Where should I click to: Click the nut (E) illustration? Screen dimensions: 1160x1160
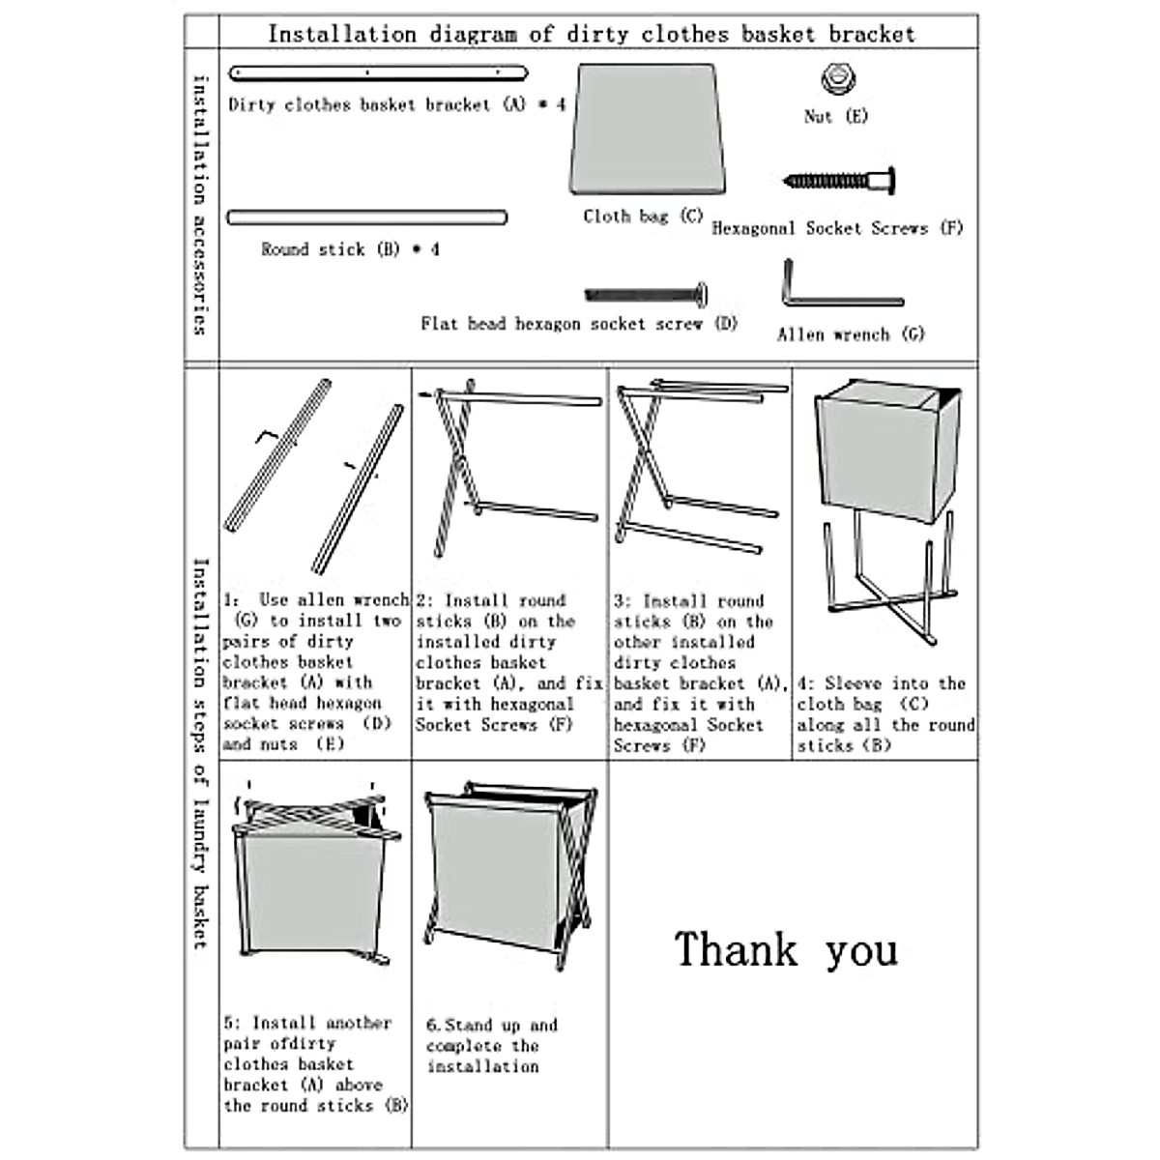(839, 78)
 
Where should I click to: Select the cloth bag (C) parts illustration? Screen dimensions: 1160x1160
(648, 130)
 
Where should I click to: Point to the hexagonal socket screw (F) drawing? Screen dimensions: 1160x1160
(840, 181)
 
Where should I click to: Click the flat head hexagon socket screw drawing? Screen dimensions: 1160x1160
(646, 293)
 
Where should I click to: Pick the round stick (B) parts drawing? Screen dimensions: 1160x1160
(367, 217)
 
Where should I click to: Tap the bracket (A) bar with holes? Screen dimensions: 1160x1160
(378, 72)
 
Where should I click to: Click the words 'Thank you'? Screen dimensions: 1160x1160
(786, 949)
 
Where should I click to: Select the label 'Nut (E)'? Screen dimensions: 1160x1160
(836, 117)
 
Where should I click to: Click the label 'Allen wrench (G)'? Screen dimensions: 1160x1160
(851, 334)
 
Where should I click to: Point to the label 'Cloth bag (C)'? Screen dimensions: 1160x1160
(643, 217)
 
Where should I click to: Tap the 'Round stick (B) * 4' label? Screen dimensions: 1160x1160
(350, 249)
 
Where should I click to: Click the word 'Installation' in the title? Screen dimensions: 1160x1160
(341, 35)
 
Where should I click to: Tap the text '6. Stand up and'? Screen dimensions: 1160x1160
(491, 1025)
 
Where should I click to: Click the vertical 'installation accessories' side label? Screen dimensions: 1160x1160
(200, 205)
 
